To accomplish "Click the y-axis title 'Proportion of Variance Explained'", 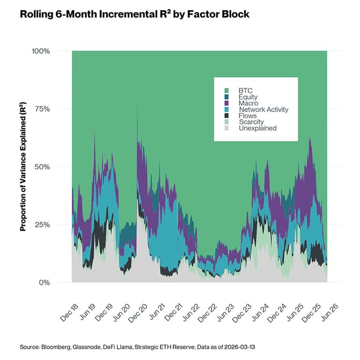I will [23, 166].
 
